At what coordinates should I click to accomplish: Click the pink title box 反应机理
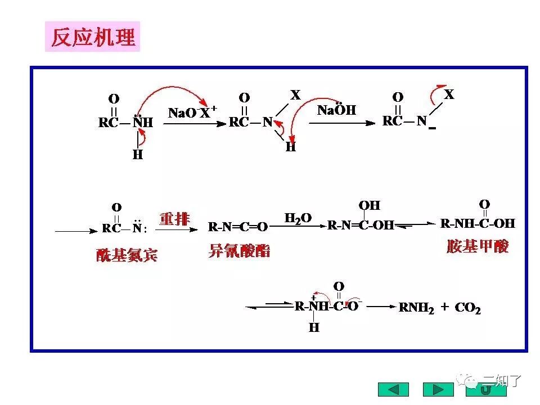pos(93,37)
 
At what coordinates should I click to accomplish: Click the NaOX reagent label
pos(192,112)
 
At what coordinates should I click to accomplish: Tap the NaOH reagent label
pos(336,110)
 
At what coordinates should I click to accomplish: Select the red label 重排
pos(174,219)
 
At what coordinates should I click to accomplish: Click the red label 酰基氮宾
pos(127,255)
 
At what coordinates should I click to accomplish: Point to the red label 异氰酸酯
pos(239,251)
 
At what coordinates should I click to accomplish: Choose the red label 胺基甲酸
pos(478,247)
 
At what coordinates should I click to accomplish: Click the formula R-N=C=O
pos(238,227)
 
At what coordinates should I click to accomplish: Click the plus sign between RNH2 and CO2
pos(444,307)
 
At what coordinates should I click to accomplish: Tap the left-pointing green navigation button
pos(394,389)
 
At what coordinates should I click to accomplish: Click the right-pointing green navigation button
pos(438,389)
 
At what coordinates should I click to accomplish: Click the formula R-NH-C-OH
pos(478,223)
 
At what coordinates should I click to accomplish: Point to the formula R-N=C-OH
pos(360,226)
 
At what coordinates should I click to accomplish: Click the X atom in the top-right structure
pos(448,94)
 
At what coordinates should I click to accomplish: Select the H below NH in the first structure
pos(138,154)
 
